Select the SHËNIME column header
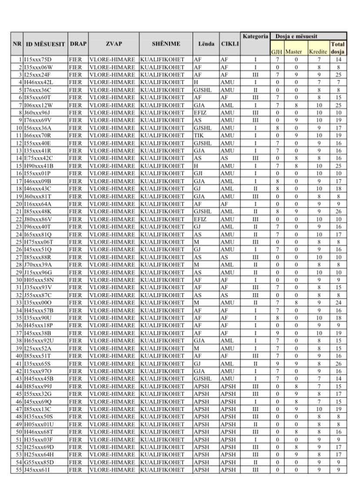[166, 44]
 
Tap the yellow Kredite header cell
[318, 52]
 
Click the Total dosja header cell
[338, 48]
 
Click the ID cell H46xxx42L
[38, 82]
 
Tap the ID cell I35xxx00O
[38, 303]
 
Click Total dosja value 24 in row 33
[338, 303]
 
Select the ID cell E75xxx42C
[39, 158]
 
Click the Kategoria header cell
[255, 36]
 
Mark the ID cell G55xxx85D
[39, 462]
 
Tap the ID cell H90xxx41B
[39, 166]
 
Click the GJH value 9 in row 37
[277, 333]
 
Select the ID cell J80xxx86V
[38, 219]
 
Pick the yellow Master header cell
[293, 52]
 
